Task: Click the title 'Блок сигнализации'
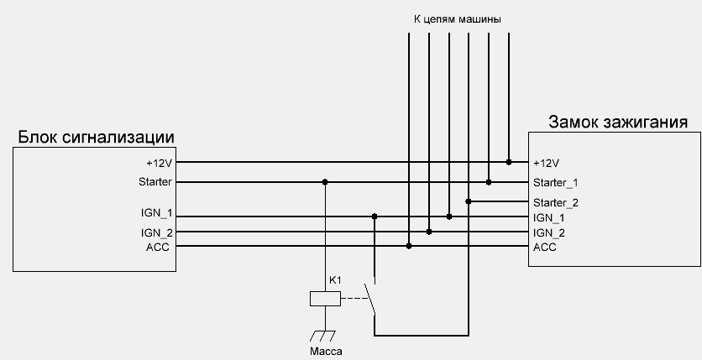pos(95,137)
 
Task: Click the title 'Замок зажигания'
pos(618,122)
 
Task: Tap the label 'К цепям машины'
pos(458,18)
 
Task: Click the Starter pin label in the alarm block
pos(155,182)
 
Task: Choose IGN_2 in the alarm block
pos(157,232)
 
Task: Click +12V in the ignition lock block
pos(546,163)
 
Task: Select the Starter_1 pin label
pos(555,182)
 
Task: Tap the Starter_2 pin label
pos(555,202)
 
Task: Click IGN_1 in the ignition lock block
pos(549,217)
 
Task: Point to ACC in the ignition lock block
pos(544,247)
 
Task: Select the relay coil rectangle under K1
pos(324,297)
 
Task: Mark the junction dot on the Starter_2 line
pos(469,201)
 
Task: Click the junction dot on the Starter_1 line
pos(489,181)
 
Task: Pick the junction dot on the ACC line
pos(409,246)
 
